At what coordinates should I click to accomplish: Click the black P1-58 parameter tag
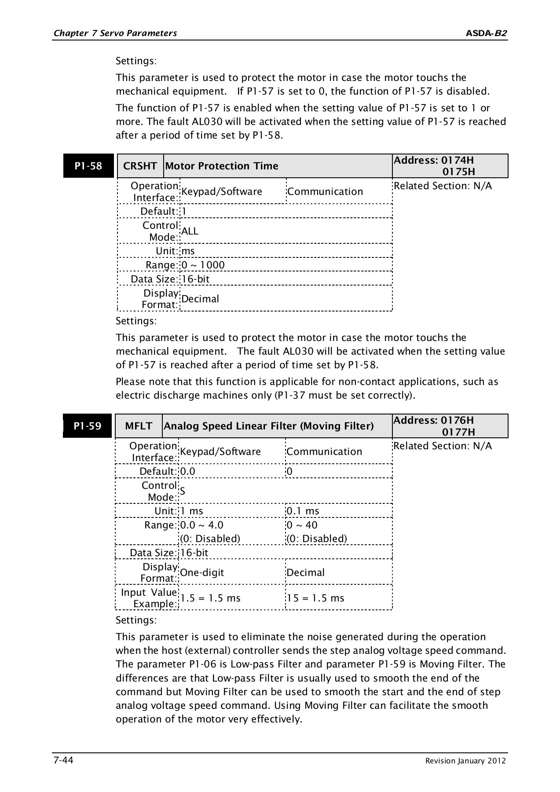(88, 166)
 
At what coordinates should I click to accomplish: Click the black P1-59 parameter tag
(88, 426)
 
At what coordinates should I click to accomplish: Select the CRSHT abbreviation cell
(140, 166)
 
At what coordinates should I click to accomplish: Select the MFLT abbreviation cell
(139, 426)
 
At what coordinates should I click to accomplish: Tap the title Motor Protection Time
(222, 166)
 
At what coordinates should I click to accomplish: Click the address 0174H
(458, 160)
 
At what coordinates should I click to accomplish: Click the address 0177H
(458, 432)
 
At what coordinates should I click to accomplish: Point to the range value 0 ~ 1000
(203, 265)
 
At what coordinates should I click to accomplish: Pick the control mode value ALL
(190, 231)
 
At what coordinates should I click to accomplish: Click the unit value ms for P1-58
(188, 251)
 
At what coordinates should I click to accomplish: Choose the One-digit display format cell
(202, 572)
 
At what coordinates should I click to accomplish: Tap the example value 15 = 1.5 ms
(315, 598)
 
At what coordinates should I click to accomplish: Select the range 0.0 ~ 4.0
(202, 525)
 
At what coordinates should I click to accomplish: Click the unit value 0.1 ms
(303, 511)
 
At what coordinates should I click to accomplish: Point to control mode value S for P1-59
(183, 491)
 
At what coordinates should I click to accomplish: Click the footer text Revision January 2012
(465, 761)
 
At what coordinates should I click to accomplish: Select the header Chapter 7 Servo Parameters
(115, 33)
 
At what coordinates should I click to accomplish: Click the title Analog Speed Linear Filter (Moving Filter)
(268, 426)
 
